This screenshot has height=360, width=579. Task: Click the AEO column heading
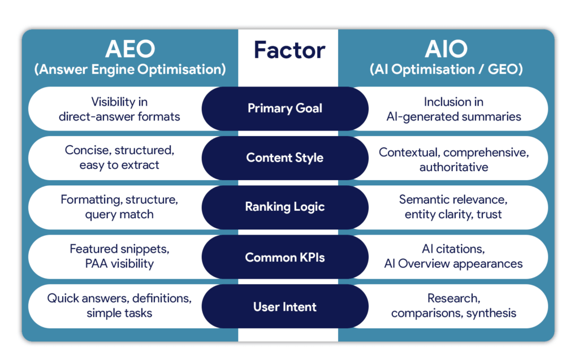tap(129, 49)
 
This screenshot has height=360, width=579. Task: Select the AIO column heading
tap(446, 49)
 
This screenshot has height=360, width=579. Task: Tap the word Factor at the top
tap(289, 50)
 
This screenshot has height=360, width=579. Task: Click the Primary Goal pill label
tap(285, 108)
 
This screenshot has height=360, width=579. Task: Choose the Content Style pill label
tap(285, 158)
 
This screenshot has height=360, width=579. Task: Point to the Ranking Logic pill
tap(285, 207)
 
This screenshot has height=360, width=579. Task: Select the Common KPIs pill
tap(285, 257)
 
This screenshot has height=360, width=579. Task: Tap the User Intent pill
tap(285, 307)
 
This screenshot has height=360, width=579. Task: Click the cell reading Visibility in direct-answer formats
tap(119, 109)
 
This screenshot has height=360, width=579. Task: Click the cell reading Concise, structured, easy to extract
tap(119, 158)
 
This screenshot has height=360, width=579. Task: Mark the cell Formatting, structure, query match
tap(119, 207)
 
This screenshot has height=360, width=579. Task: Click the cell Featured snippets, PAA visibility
tap(119, 257)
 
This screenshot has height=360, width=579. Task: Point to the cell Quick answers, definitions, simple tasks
tap(119, 306)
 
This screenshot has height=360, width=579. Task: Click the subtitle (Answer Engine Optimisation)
tap(129, 70)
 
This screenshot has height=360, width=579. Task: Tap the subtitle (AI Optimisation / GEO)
tap(446, 70)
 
